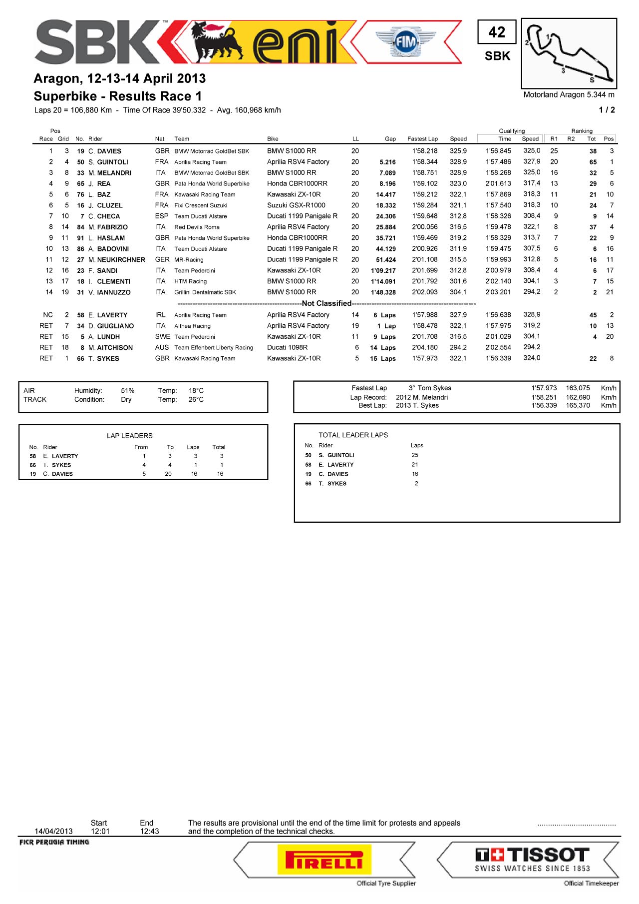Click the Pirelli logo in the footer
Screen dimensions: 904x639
click(x=324, y=860)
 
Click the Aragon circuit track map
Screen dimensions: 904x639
click(x=569, y=53)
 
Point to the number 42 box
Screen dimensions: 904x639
click(x=496, y=32)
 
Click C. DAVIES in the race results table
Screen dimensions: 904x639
click(x=104, y=151)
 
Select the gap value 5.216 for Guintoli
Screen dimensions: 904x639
click(x=387, y=162)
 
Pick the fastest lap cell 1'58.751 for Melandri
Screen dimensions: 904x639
click(x=425, y=173)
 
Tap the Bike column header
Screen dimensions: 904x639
click(x=273, y=139)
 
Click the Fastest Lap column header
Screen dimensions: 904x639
click(x=422, y=139)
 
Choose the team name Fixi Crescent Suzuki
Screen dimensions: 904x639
click(x=201, y=205)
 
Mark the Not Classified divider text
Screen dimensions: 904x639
click(x=326, y=303)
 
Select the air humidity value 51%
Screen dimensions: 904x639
click(x=127, y=391)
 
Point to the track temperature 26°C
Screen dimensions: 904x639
click(x=196, y=400)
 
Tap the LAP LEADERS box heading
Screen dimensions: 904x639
click(x=129, y=436)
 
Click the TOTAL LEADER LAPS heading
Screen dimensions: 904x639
click(x=353, y=435)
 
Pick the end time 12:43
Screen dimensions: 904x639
click(x=149, y=832)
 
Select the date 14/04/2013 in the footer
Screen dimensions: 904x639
click(x=53, y=832)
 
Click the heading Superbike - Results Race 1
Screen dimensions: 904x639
click(x=117, y=96)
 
